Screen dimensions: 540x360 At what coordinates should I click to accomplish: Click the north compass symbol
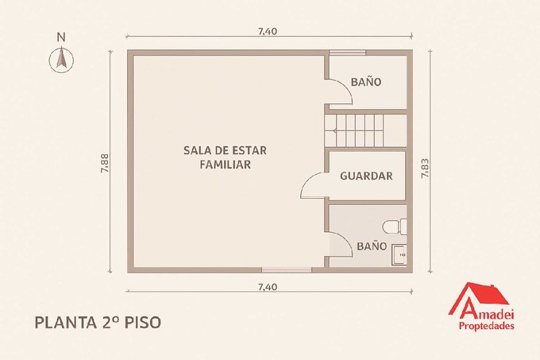(x=61, y=60)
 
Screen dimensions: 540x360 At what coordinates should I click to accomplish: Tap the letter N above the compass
(x=61, y=37)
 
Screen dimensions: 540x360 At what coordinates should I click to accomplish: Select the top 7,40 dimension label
(x=268, y=31)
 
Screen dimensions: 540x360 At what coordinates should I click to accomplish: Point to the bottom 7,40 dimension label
(x=268, y=287)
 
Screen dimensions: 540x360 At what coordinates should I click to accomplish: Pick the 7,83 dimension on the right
(x=425, y=168)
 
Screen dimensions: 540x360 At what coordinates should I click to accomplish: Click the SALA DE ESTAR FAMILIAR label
(x=225, y=157)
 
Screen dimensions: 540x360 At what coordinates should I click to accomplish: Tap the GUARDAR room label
(x=366, y=176)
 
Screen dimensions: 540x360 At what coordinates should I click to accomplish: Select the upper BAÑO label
(x=366, y=82)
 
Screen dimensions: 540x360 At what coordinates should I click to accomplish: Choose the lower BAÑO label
(x=372, y=246)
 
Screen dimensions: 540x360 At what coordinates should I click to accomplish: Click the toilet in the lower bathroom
(x=395, y=226)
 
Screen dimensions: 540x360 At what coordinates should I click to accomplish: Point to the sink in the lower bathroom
(x=399, y=254)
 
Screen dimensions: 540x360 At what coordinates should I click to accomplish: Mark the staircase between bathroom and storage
(x=355, y=130)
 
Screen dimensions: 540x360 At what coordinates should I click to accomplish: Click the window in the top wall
(x=347, y=52)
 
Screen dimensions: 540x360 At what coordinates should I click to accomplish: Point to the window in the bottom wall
(x=287, y=269)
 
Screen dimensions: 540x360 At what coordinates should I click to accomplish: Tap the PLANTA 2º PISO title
(x=98, y=323)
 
